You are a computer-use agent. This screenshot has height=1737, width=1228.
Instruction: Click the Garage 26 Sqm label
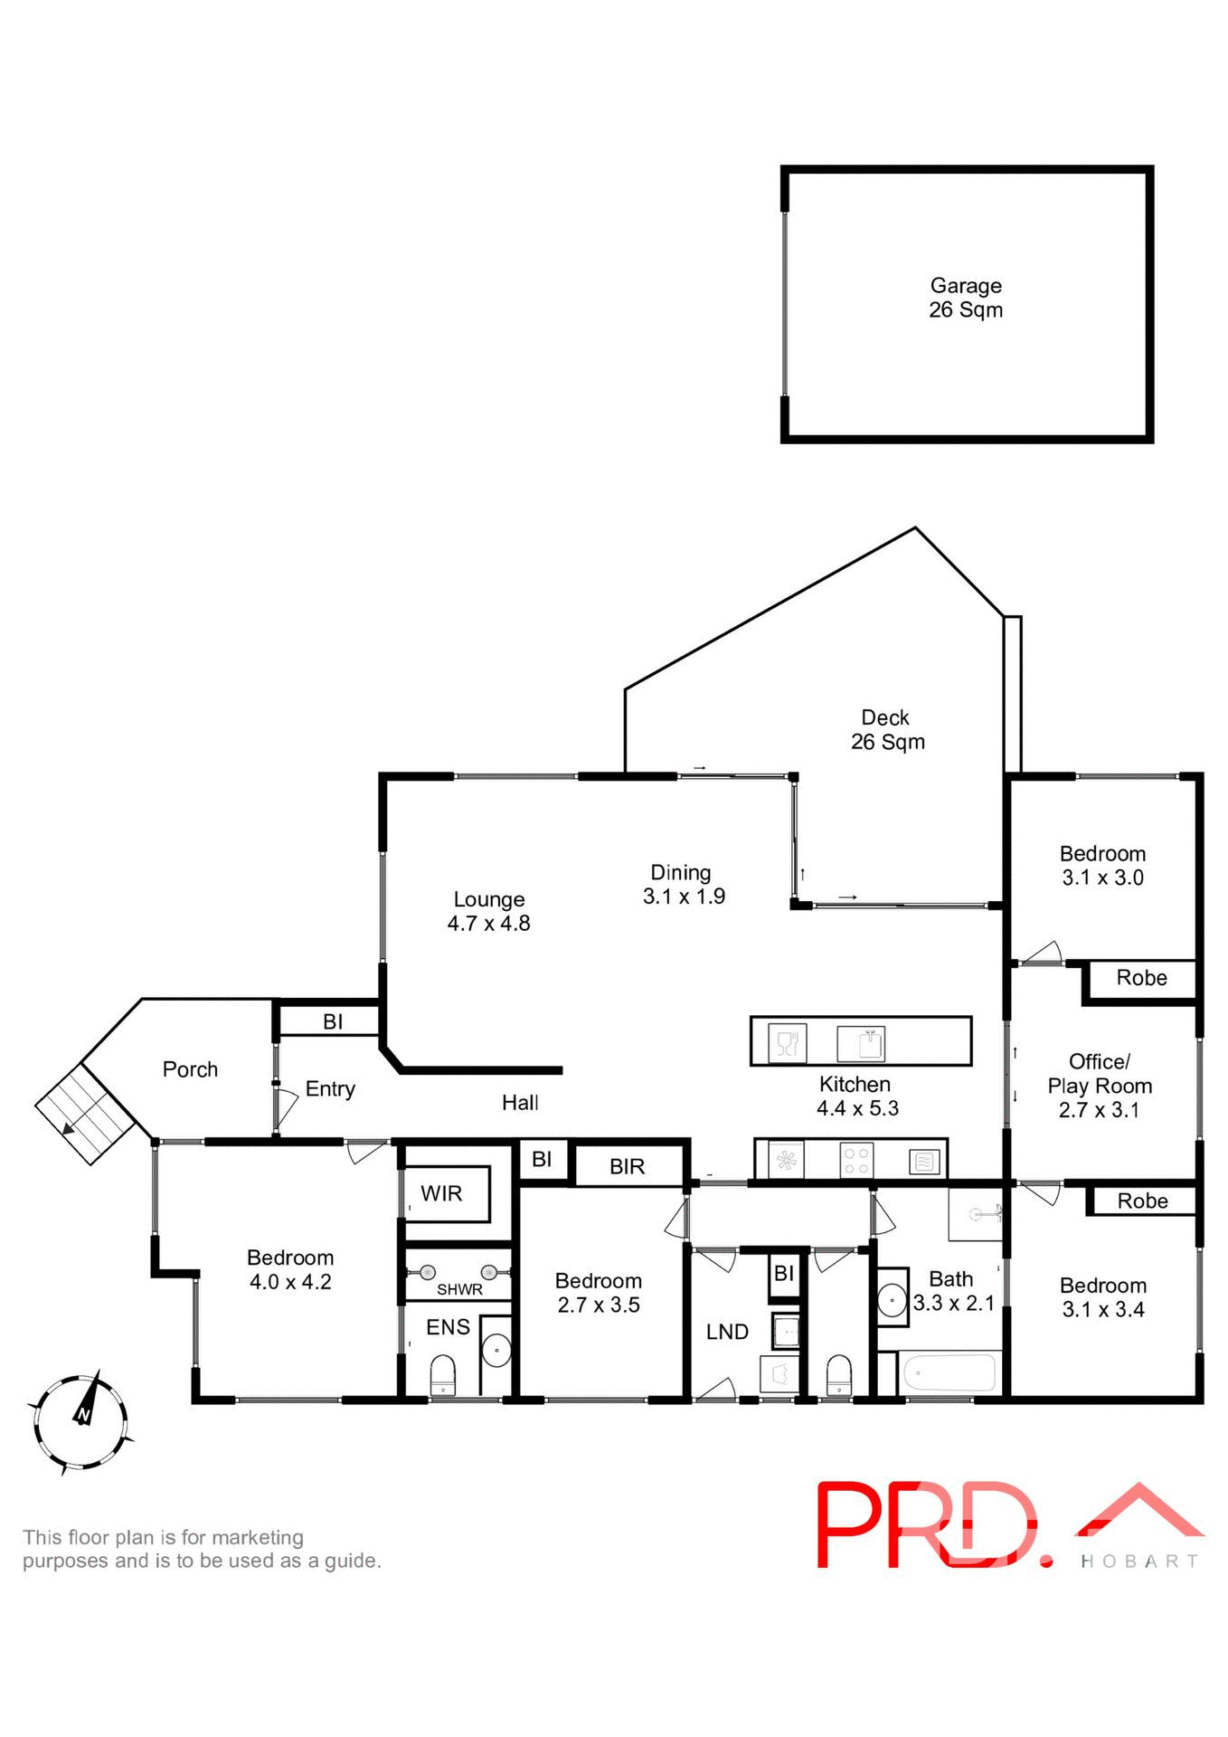[x=965, y=298]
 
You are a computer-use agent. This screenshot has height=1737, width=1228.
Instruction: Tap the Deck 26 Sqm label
[x=886, y=729]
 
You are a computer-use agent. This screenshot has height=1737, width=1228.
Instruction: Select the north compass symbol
[x=80, y=1422]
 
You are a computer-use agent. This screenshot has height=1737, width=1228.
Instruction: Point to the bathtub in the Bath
[x=948, y=1373]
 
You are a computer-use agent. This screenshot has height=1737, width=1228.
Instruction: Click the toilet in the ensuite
[x=442, y=1374]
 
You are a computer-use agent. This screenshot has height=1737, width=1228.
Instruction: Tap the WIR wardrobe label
[x=441, y=1193]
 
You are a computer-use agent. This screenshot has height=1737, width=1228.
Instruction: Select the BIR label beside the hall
[x=627, y=1166]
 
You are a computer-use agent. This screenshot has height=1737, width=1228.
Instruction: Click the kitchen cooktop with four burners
[x=855, y=1160]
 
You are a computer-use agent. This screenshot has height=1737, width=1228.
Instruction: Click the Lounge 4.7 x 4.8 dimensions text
[x=488, y=924]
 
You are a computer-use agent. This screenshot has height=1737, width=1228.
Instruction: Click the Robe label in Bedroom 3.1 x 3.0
[x=1141, y=978]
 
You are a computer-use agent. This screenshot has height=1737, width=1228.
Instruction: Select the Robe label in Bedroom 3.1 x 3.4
[x=1142, y=1201]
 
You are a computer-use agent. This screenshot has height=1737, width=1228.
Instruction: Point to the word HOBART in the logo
[x=1138, y=1561]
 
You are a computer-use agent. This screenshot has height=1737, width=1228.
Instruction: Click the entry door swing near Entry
[x=287, y=1107]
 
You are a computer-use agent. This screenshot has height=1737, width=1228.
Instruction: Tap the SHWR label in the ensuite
[x=459, y=1289]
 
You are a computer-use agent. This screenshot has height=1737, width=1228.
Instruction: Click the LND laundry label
[x=727, y=1332]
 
